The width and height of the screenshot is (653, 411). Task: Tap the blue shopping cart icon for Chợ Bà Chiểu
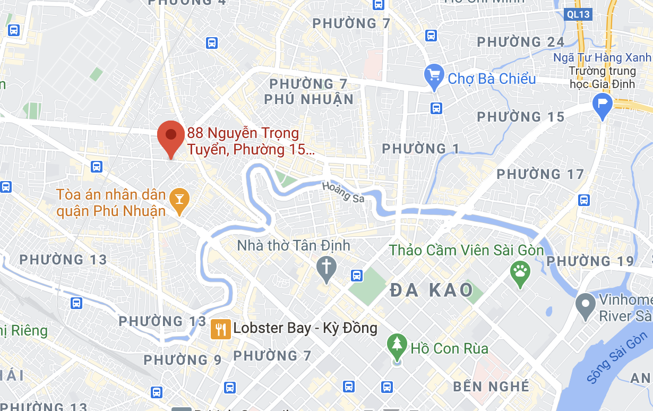(x=434, y=78)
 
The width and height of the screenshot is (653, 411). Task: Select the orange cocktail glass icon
(x=179, y=201)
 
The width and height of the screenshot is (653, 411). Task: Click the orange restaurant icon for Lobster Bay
(x=220, y=329)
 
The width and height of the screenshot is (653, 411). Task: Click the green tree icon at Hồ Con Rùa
(x=397, y=346)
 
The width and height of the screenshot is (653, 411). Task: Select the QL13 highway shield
(x=577, y=14)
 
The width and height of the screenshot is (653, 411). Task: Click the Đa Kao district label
(x=431, y=290)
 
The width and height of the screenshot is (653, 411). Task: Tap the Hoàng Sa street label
(x=343, y=192)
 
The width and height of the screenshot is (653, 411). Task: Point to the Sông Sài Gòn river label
(x=618, y=357)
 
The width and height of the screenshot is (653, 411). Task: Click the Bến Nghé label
(x=491, y=386)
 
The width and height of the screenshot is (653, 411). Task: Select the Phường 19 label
(x=590, y=261)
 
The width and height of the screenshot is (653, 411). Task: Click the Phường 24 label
(x=520, y=42)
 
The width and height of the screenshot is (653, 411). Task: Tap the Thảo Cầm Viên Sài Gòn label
(x=467, y=250)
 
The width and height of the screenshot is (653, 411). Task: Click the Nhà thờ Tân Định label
(x=294, y=245)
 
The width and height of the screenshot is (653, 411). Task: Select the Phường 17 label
(x=540, y=174)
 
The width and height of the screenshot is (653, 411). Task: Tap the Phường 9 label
(x=183, y=360)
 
